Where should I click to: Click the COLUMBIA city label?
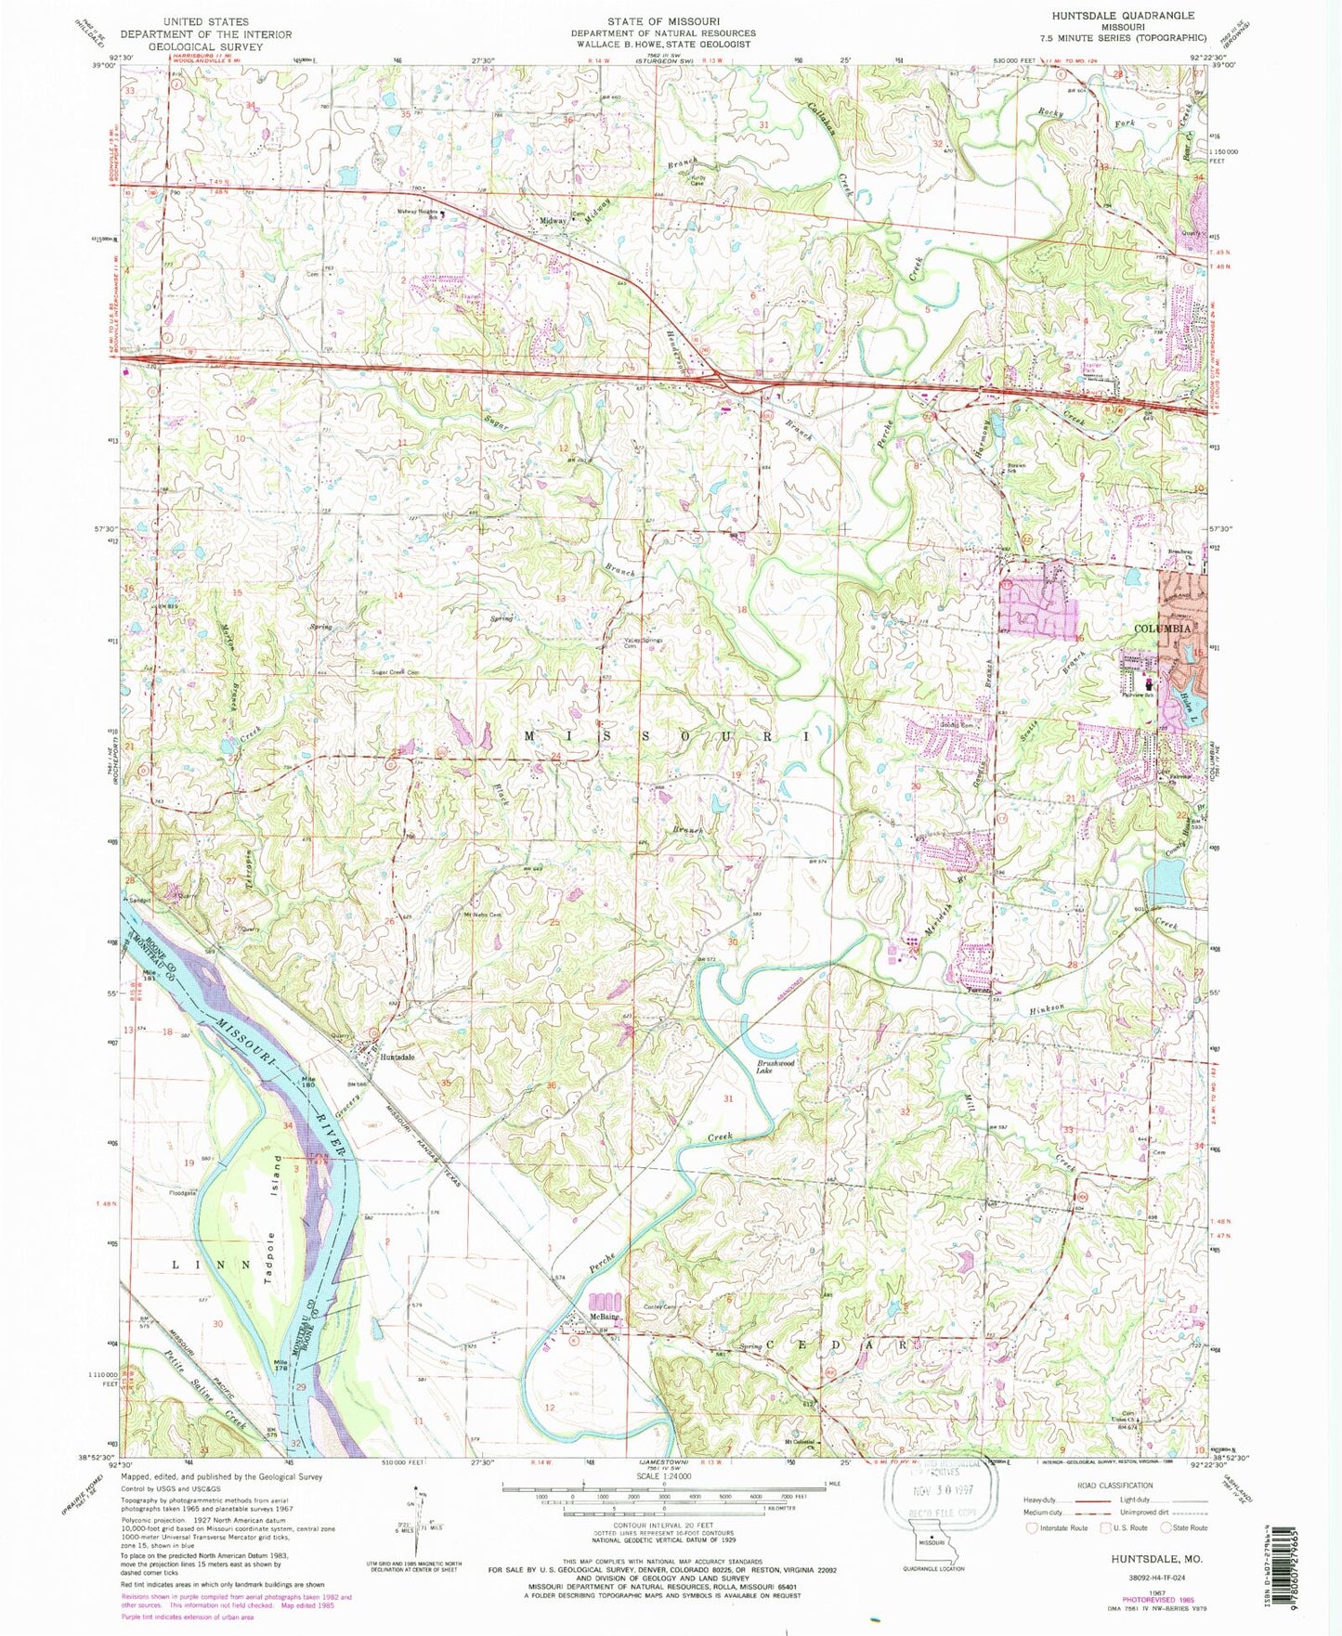[x=1162, y=629]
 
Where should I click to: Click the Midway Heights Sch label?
[x=417, y=214]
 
